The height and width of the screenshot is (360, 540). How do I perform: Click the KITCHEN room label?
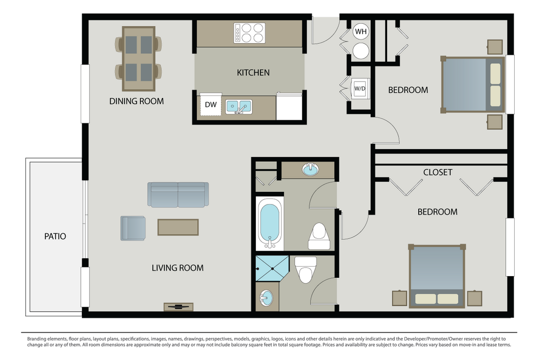253,73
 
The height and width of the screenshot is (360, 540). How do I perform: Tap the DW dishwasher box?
211,105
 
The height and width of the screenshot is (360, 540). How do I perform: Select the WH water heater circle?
361,32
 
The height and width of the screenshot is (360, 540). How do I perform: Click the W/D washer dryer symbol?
360,89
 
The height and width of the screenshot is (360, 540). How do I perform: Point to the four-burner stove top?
249,33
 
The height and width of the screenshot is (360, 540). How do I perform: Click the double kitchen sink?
239,106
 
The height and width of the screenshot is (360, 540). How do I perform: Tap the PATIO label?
55,237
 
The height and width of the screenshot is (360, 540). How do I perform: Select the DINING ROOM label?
137,101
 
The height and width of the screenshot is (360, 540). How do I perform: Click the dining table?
139,59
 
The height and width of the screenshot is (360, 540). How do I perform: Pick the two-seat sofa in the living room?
178,195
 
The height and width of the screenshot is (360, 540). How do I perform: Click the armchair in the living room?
133,228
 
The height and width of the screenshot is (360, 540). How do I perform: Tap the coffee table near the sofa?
178,227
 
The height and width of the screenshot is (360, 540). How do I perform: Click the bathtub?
269,223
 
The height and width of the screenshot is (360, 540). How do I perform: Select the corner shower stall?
272,268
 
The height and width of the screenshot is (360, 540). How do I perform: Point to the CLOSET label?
438,172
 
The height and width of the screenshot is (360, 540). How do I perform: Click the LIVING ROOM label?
178,268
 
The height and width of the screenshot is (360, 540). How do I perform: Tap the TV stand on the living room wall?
178,307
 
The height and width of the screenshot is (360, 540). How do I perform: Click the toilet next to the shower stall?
306,270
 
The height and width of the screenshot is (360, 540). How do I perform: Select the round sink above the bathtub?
310,169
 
